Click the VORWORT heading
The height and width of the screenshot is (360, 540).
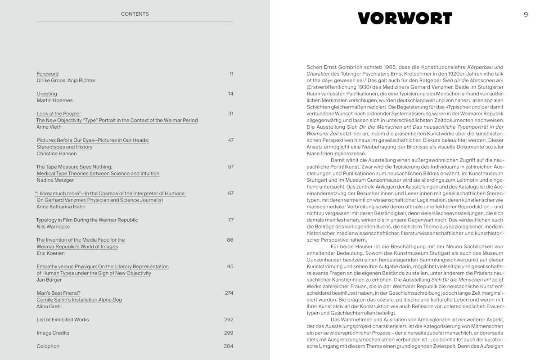pos(405,18)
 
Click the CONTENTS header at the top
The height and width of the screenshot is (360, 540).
pos(135,14)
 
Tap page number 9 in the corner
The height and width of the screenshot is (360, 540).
pos(526,14)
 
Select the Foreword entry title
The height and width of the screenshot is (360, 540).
pos(48,74)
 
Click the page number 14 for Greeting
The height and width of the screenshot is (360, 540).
pos(230,94)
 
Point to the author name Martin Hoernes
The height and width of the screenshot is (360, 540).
pos(54,100)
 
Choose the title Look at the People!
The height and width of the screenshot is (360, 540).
pos(58,114)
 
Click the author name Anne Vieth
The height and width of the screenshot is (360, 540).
pos(49,127)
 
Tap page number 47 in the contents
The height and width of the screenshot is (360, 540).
pos(230,140)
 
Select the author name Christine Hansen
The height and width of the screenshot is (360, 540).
pos(57,153)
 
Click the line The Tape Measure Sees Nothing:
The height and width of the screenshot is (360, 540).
pos(74,167)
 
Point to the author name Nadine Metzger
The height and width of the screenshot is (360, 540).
pos(55,180)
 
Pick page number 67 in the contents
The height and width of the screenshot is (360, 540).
pos(230,193)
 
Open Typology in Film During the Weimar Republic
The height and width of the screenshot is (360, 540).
pos(87,220)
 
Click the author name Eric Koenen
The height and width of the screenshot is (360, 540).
pos(50,253)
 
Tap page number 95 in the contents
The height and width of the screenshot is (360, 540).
pos(230,266)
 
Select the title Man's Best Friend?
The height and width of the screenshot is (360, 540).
pos(58,293)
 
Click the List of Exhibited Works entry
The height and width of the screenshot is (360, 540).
pos(63,319)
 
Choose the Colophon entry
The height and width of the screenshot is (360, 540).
pos(48,346)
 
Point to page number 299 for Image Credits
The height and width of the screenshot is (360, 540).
pos(229,333)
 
